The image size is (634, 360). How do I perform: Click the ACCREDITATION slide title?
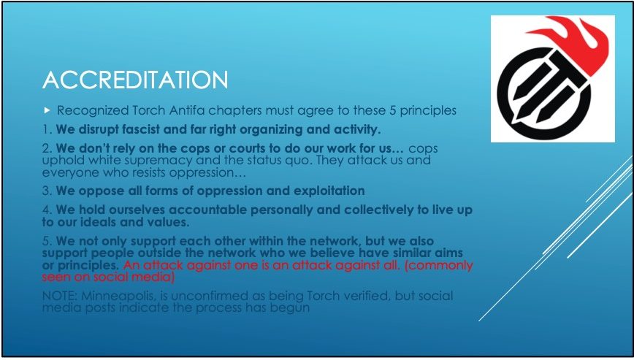[135, 80]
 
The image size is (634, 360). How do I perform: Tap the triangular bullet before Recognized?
[47, 110]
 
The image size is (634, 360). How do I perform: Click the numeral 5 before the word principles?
[393, 110]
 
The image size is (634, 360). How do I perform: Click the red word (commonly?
[438, 266]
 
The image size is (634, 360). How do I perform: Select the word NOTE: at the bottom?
[60, 296]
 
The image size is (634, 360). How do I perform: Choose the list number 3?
[47, 191]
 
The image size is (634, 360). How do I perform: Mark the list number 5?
[47, 241]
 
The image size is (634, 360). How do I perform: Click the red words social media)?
[134, 277]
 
